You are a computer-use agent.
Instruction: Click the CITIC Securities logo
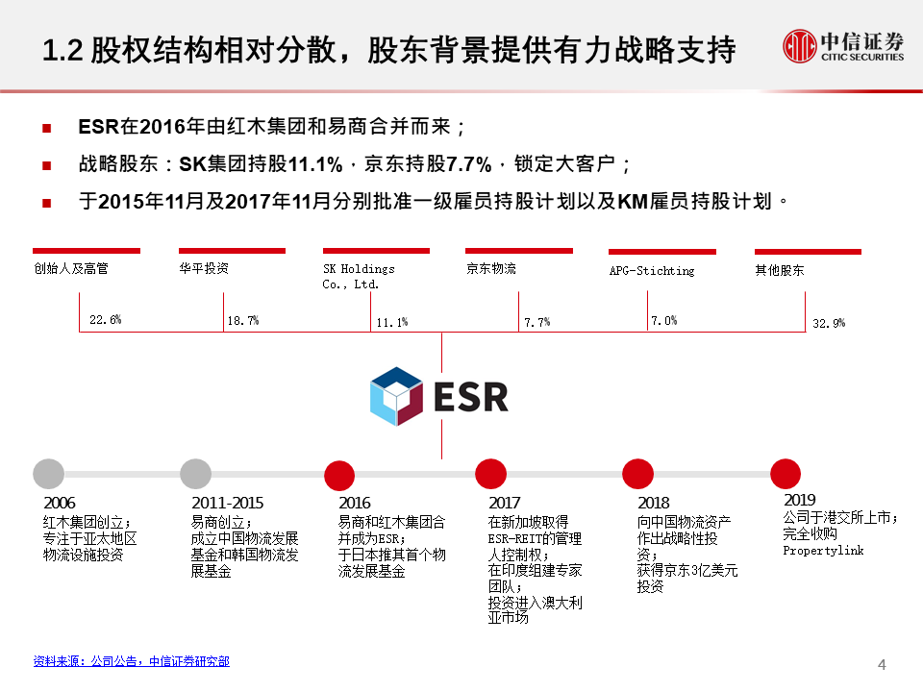pyautogui.click(x=843, y=46)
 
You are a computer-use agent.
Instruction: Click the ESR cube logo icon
pyautogui.click(x=396, y=396)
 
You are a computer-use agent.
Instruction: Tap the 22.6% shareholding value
pyautogui.click(x=106, y=319)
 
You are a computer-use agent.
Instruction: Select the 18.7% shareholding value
pyautogui.click(x=243, y=321)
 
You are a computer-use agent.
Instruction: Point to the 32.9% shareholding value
pyautogui.click(x=829, y=323)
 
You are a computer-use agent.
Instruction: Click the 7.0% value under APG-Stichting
pyautogui.click(x=664, y=321)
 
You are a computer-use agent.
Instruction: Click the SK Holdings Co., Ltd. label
pyautogui.click(x=359, y=277)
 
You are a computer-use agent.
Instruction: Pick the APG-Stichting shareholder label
pyautogui.click(x=652, y=271)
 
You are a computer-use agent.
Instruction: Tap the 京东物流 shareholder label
pyautogui.click(x=491, y=269)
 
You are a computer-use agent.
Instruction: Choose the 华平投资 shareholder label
pyautogui.click(x=204, y=268)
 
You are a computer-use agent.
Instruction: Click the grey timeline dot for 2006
pyautogui.click(x=48, y=474)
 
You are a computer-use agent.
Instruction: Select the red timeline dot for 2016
pyautogui.click(x=339, y=475)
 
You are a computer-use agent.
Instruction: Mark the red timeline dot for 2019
pyautogui.click(x=786, y=474)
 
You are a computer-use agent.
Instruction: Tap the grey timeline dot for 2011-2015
pyautogui.click(x=195, y=474)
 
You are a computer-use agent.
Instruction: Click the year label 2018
pyautogui.click(x=654, y=503)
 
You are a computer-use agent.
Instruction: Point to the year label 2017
pyautogui.click(x=505, y=503)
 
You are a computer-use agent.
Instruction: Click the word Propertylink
pyautogui.click(x=823, y=551)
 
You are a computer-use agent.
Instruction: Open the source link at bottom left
pyautogui.click(x=132, y=661)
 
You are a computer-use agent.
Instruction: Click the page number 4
pyautogui.click(x=882, y=665)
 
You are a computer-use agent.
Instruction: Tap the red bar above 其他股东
pyautogui.click(x=808, y=252)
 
